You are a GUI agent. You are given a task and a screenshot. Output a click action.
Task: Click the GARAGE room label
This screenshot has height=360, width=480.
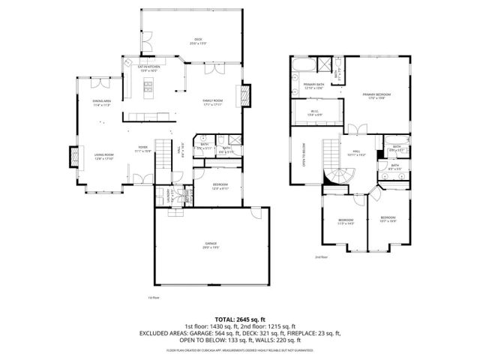[211, 245]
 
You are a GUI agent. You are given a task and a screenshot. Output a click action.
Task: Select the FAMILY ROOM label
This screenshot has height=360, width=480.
[213, 101]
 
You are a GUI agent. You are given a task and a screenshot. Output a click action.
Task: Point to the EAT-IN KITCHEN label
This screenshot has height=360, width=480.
[148, 68]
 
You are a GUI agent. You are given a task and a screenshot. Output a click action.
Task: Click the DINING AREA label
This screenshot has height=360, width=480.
[102, 102]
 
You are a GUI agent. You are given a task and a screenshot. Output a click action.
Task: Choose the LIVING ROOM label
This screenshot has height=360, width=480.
[103, 156]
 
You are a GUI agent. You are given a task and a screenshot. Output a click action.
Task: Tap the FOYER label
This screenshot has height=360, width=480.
[142, 148]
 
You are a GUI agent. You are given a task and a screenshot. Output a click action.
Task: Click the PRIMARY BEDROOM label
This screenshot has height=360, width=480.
[373, 95]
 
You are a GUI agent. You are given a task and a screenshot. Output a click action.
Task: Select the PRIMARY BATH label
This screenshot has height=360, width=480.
[313, 85]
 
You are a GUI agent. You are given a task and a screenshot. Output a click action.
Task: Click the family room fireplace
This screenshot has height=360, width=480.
[242, 94]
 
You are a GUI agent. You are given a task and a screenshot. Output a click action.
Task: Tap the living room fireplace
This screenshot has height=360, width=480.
[75, 156]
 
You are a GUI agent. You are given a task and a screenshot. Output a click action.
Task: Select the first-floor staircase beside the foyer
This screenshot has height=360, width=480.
[180, 150]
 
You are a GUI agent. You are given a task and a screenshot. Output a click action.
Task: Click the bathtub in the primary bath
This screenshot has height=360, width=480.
[307, 65]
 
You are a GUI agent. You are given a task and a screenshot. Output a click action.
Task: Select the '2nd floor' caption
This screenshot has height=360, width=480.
[321, 257]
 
